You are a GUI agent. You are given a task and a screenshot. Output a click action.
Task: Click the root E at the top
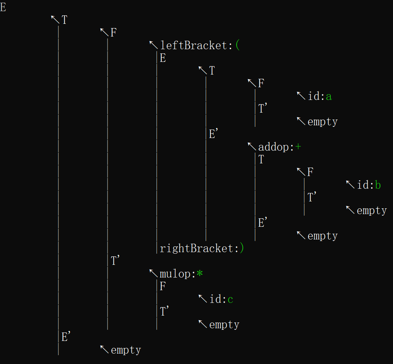click(3, 7)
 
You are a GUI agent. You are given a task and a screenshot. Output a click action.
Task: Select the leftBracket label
click(194, 46)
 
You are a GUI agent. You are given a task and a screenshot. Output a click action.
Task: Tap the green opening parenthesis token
click(237, 46)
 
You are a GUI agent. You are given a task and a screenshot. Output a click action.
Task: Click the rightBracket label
click(197, 248)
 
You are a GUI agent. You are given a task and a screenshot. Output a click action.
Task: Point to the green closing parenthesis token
click(242, 248)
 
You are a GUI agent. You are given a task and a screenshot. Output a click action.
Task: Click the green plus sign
click(298, 147)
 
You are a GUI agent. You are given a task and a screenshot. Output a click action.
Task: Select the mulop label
click(175, 274)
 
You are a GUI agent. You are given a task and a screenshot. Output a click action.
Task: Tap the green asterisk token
click(199, 274)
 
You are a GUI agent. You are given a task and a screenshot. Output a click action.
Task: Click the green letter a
click(328, 96)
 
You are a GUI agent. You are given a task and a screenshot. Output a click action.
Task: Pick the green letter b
click(378, 185)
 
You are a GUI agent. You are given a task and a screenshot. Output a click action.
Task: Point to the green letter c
click(230, 299)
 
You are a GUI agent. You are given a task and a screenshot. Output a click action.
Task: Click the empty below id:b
click(371, 211)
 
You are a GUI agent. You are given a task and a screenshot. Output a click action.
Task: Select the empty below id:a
click(322, 122)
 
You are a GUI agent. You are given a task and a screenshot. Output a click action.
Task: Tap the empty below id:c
click(224, 325)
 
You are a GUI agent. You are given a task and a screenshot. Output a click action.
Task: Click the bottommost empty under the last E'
click(126, 350)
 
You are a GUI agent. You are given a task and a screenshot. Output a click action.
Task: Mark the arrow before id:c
click(203, 298)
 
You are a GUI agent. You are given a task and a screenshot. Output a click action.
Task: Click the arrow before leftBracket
click(154, 45)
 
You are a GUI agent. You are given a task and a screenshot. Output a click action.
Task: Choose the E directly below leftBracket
click(163, 58)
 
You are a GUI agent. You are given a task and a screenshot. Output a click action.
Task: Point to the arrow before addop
click(252, 146)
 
